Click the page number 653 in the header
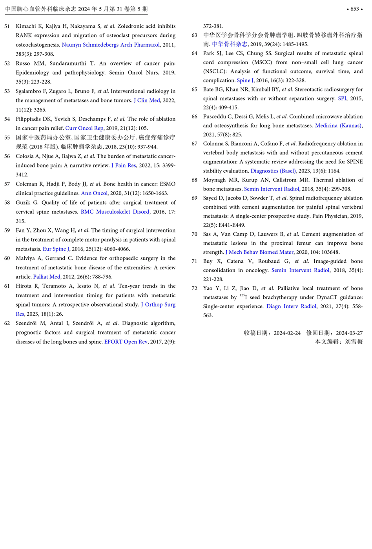click(x=354, y=9)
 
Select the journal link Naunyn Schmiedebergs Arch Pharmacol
click(x=111, y=45)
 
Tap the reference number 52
click(x=7, y=64)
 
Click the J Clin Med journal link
click(x=147, y=100)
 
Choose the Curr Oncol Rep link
click(x=84, y=128)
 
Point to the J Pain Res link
click(x=124, y=165)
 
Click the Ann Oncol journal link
click(x=94, y=193)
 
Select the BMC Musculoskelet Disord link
click(x=115, y=212)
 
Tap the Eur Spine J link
click(x=56, y=249)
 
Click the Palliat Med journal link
click(x=47, y=277)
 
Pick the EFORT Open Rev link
click(x=126, y=342)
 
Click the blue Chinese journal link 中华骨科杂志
click(x=230, y=44)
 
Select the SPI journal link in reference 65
click(x=342, y=98)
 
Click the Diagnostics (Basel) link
click(x=273, y=171)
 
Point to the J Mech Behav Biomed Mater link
click(x=259, y=252)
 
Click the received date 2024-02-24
click(x=287, y=333)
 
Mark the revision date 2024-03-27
click(x=349, y=333)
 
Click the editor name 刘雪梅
click(x=354, y=342)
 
